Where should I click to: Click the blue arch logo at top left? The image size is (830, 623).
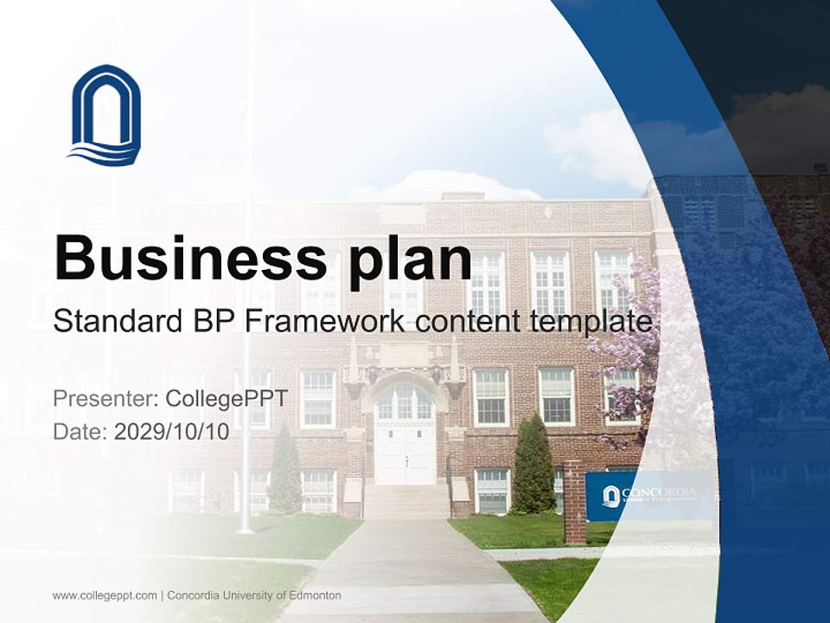[105, 114]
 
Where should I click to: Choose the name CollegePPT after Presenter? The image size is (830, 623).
[226, 399]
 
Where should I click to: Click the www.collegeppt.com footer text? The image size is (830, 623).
[105, 595]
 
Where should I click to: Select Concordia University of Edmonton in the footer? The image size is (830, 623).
[254, 595]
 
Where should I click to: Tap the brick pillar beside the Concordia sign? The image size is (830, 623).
[574, 501]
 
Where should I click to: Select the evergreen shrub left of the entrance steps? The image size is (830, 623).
[285, 472]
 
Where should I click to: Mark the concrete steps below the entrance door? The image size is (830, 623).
[405, 502]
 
